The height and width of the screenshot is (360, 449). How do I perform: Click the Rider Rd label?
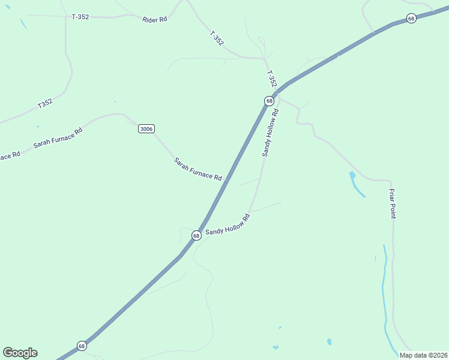point(154,20)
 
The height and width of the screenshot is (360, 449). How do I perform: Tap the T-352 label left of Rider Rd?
point(80,17)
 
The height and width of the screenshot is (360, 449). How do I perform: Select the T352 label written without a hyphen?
point(46,103)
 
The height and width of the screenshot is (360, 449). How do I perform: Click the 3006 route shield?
point(146,128)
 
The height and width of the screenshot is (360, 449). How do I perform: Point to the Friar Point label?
point(392,203)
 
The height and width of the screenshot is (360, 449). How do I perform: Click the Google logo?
point(20,353)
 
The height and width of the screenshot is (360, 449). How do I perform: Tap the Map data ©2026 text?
point(423,355)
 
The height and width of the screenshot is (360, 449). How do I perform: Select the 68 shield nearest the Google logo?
point(82,346)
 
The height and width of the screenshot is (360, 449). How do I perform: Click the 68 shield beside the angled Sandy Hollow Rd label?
point(196,236)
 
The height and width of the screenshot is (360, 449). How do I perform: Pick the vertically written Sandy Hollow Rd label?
point(270,133)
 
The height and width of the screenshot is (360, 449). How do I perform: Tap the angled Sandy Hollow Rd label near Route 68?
point(228,224)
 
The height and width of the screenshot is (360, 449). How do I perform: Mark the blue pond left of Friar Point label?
point(357,184)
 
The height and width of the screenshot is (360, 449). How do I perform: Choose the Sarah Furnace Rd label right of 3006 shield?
point(197,169)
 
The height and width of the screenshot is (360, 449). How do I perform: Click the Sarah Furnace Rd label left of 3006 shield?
point(58,137)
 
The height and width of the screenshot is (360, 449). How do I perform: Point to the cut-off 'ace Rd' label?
point(10,155)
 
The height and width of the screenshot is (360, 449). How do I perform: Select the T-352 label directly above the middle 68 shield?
point(271,79)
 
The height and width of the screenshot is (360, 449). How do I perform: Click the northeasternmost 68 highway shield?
point(411,19)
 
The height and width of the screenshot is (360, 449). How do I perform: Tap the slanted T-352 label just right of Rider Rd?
point(217,38)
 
